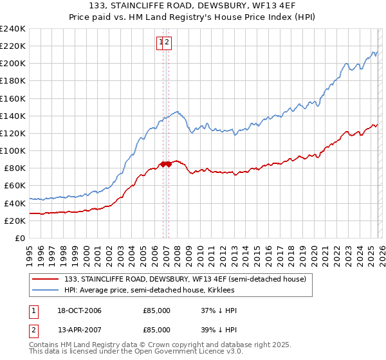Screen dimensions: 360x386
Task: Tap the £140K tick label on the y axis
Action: coord(12,116)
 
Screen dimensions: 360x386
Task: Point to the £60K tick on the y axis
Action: coord(14,186)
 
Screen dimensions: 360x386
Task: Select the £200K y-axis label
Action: coord(12,64)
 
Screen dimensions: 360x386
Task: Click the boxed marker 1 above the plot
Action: coord(160,43)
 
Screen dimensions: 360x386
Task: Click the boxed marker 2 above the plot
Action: coord(167,43)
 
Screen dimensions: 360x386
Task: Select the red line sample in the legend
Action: coord(45,278)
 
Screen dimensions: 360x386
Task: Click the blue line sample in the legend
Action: coord(45,290)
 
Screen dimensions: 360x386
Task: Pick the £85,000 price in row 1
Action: coord(156,310)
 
